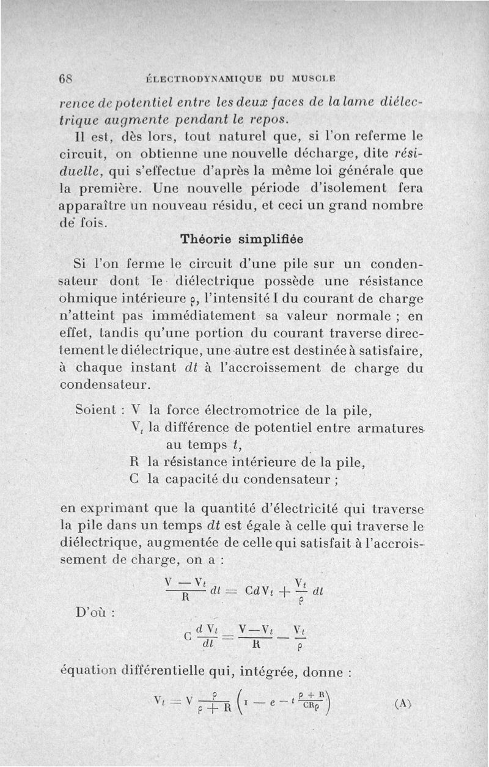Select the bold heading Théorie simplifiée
click(243, 240)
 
